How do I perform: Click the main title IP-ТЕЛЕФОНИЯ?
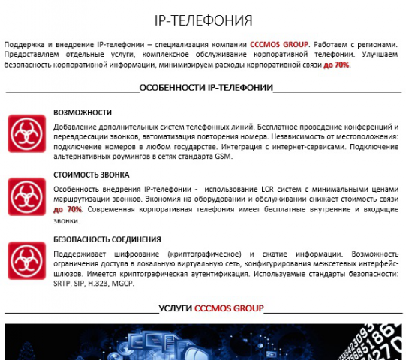click(x=203, y=19)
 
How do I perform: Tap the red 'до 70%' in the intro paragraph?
click(x=336, y=65)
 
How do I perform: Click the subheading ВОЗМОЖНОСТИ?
click(x=83, y=112)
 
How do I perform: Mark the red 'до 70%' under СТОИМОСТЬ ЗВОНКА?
click(x=68, y=210)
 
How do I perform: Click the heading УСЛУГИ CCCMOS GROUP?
click(x=211, y=308)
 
